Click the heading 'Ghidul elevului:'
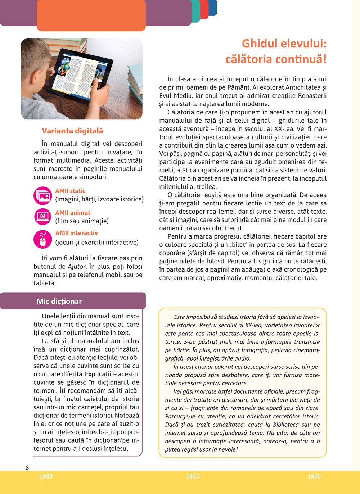[x=284, y=44]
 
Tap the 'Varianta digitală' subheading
[x=72, y=131]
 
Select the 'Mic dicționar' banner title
[x=59, y=302]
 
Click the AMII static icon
[x=43, y=195]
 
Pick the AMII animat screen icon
[x=43, y=217]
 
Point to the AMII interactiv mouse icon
[x=43, y=239]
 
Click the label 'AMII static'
[x=70, y=191]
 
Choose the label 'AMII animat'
[x=73, y=213]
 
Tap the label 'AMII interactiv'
[x=76, y=233]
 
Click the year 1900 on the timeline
[x=46, y=476]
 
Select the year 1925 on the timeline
[x=192, y=476]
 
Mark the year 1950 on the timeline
[x=314, y=476]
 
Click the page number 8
[x=27, y=468]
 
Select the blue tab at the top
[x=213, y=8]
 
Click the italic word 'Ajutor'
[x=77, y=267]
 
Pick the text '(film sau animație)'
[x=82, y=221]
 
